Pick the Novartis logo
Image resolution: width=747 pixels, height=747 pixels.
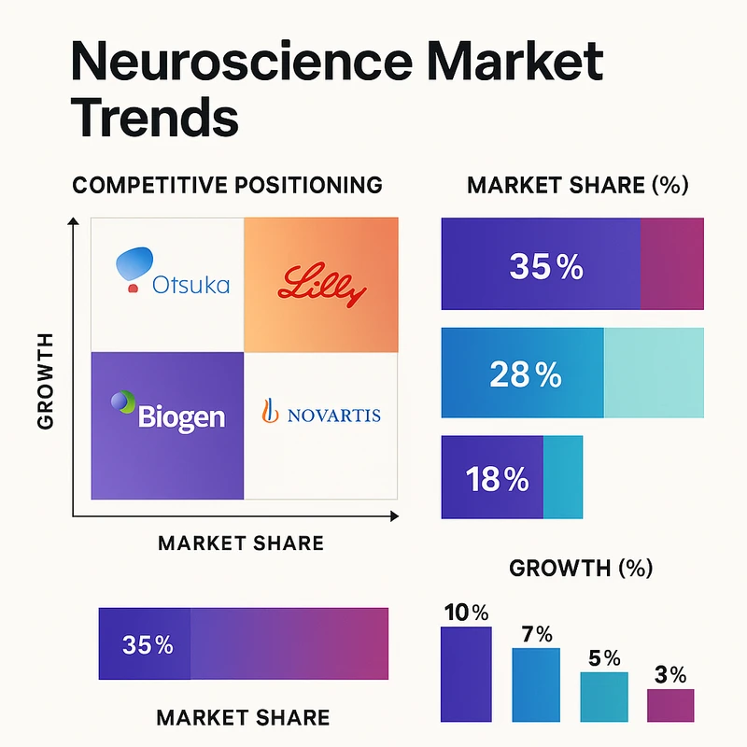[x=321, y=412]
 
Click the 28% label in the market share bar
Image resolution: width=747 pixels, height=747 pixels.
[x=526, y=375]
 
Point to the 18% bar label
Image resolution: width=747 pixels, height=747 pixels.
[x=497, y=479]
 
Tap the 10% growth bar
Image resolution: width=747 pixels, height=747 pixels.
[x=465, y=674]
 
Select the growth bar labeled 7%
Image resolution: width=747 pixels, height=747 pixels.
[x=536, y=684]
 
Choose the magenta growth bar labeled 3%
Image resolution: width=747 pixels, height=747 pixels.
[x=670, y=705]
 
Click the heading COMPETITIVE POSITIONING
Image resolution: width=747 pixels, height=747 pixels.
[x=228, y=185]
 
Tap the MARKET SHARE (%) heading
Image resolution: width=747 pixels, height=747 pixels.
[x=578, y=185]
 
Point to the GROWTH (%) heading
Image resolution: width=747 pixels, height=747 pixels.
[x=580, y=568]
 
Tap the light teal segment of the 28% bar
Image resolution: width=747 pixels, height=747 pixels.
[x=653, y=373]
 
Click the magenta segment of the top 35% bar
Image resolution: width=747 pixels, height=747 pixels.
[x=671, y=263]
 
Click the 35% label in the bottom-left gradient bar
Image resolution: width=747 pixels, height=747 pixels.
[x=148, y=644]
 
